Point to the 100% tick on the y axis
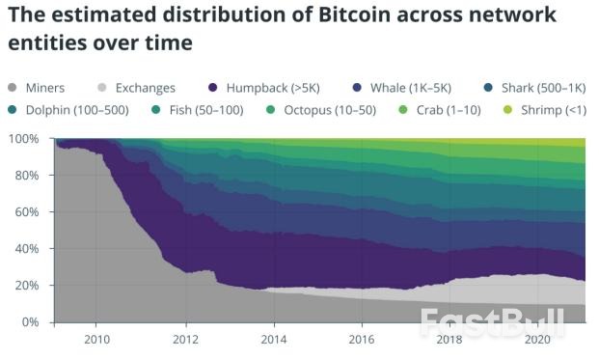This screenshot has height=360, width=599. [x=25, y=139]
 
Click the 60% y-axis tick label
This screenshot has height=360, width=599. [x=28, y=212]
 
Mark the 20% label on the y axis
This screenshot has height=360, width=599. [x=28, y=286]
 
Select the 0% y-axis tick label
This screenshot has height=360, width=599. [x=32, y=322]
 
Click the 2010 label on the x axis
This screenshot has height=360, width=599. [x=96, y=340]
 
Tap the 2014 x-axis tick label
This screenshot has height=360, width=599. [x=274, y=340]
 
